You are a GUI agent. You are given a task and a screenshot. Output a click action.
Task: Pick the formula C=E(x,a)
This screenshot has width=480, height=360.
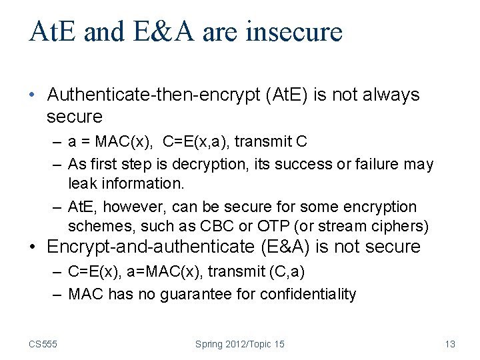tap(195, 141)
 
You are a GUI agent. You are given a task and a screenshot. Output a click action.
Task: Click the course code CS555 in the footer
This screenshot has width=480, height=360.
tap(43, 344)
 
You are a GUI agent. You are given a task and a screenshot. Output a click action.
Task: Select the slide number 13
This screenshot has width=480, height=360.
tap(449, 344)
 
